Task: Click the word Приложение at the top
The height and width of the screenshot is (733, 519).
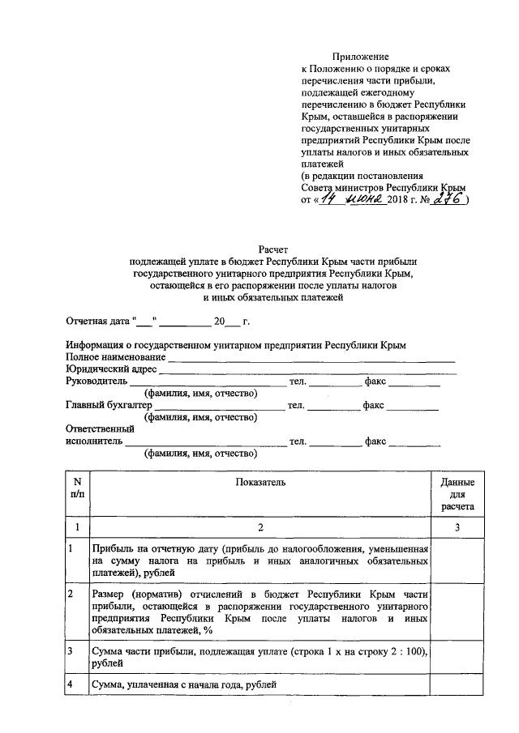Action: tap(360, 57)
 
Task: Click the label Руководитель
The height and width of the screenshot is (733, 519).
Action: tap(96, 381)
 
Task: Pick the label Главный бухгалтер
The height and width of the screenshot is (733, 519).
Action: tap(108, 405)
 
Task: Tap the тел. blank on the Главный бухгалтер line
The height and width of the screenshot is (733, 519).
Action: tap(332, 406)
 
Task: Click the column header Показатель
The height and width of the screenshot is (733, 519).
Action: tap(261, 482)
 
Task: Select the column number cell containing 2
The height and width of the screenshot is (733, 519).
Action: tap(261, 528)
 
